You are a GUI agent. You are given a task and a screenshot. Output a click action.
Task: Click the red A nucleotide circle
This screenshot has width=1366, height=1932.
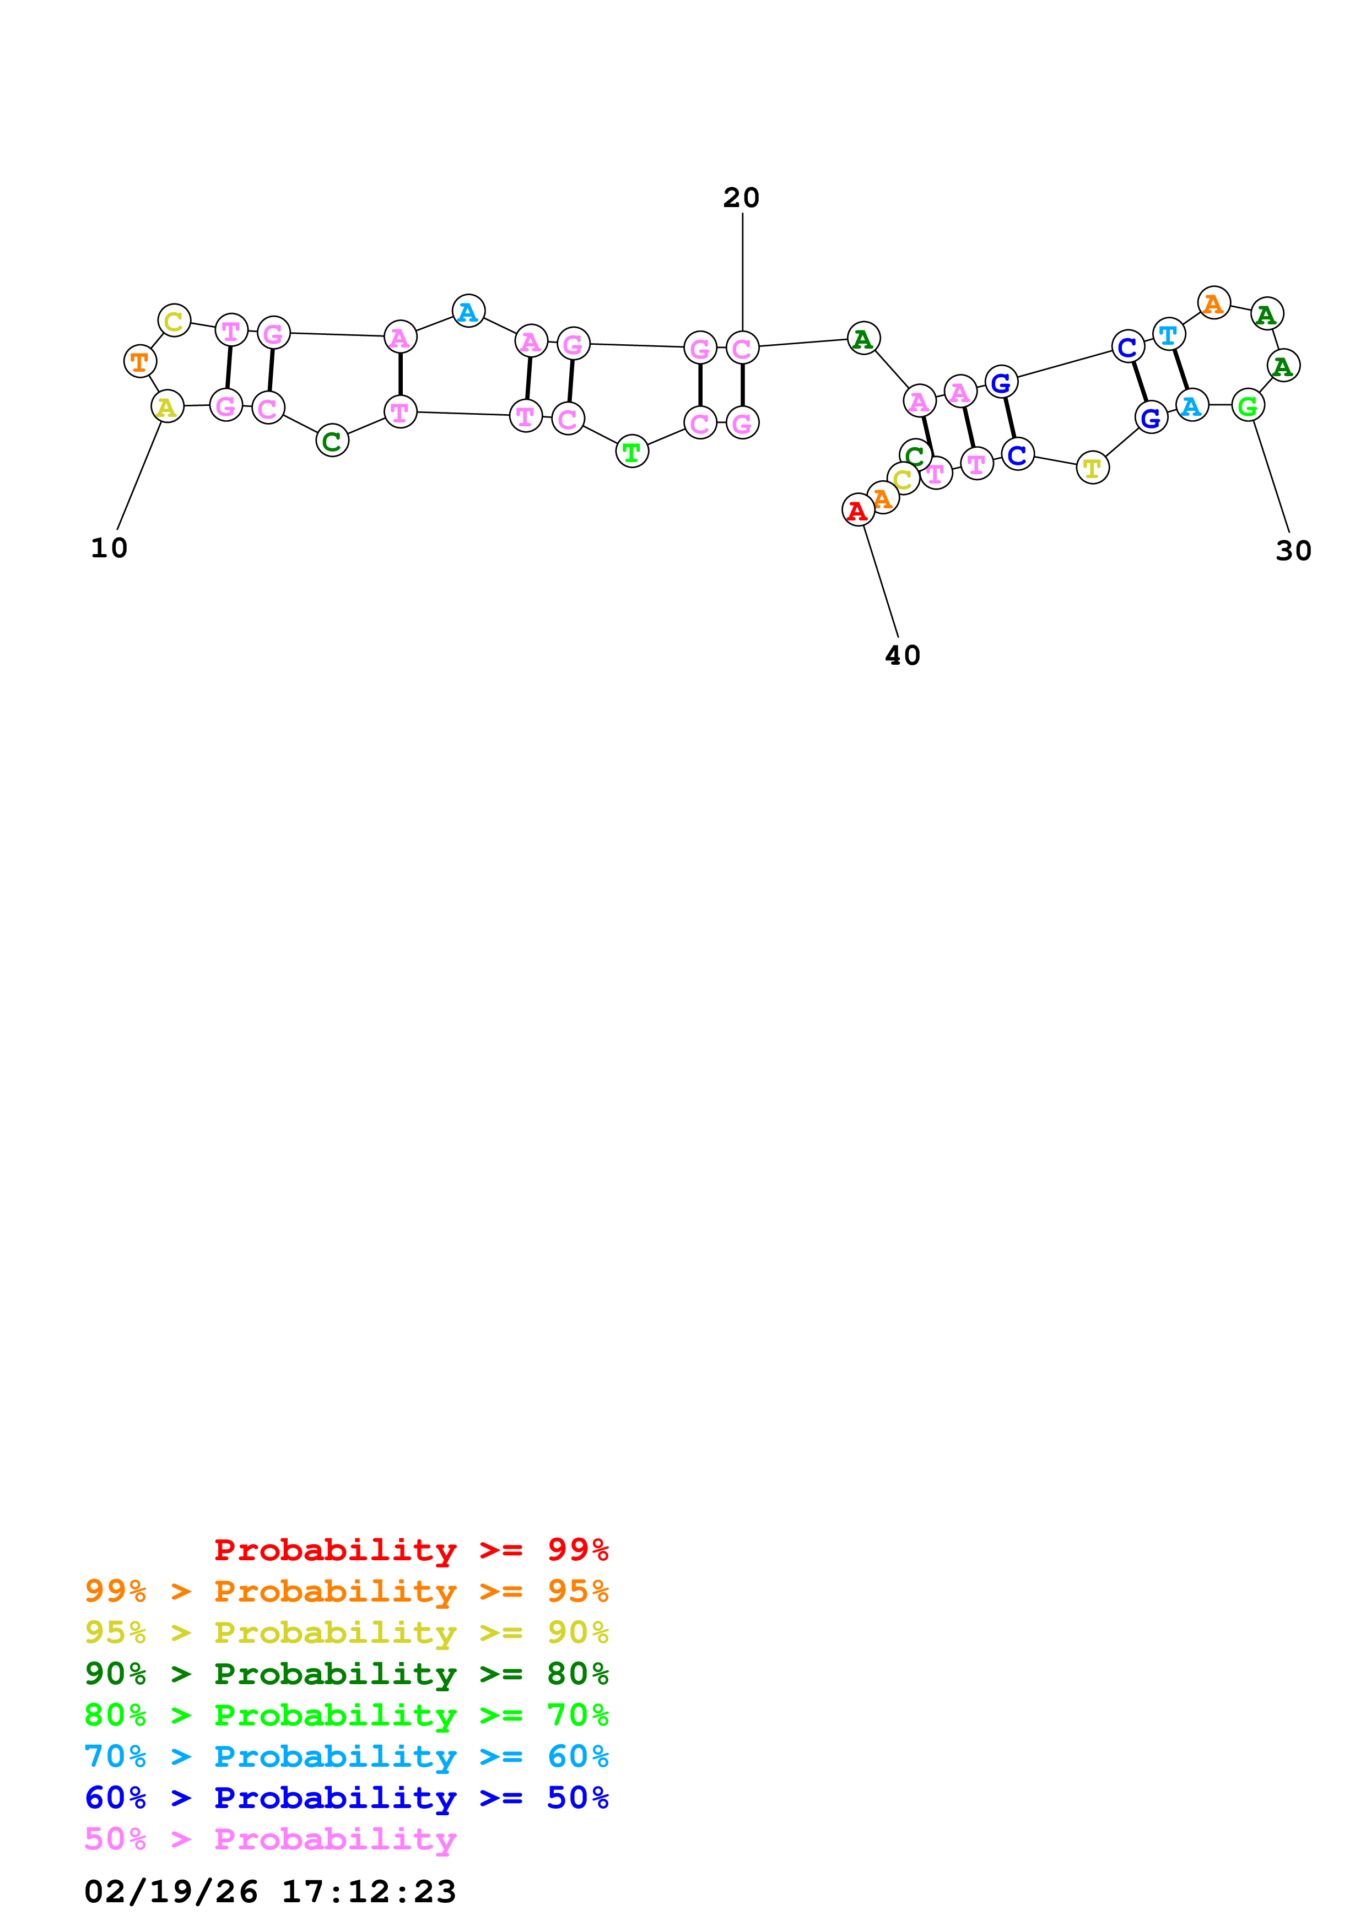point(857,510)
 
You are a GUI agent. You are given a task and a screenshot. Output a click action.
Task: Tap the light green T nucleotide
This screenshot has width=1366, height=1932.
point(631,452)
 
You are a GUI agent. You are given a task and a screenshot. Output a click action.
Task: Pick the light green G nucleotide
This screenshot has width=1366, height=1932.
point(1248,405)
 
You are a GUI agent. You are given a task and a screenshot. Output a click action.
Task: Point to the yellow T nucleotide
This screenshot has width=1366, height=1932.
point(1092,468)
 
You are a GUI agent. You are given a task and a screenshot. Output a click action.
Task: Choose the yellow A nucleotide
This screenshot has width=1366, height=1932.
point(166,406)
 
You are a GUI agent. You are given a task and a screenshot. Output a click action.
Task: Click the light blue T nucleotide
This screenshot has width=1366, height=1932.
point(1168,335)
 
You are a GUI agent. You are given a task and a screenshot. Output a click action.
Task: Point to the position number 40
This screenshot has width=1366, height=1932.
point(902,655)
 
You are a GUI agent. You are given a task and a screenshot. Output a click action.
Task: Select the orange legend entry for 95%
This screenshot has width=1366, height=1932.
point(347,1591)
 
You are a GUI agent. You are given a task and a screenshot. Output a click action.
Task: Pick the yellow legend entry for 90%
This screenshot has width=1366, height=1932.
point(347,1632)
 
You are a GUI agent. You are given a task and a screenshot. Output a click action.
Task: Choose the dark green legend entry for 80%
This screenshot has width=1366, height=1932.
point(347,1674)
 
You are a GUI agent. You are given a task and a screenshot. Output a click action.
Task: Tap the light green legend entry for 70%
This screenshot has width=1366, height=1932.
point(347,1715)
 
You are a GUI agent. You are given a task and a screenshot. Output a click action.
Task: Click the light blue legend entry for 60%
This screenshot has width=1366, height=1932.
point(347,1756)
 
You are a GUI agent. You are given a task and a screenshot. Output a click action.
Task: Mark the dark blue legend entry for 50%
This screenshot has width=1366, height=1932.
point(347,1798)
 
